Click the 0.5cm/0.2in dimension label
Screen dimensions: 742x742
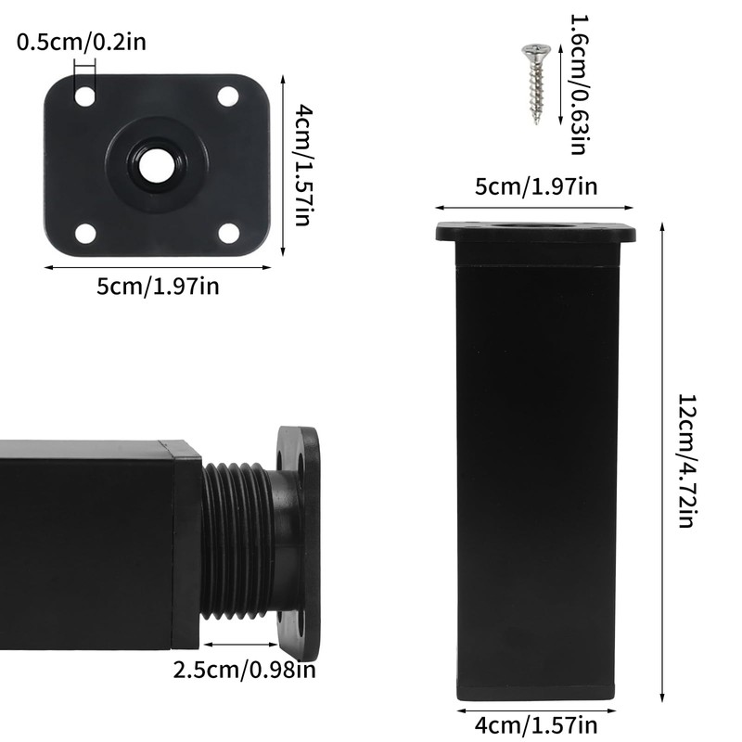click(82, 42)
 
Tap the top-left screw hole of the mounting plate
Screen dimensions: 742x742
click(85, 96)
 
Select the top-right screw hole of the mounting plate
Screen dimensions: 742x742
click(228, 96)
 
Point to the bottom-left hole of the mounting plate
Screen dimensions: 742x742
click(85, 234)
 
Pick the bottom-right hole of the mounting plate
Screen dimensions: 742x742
click(228, 233)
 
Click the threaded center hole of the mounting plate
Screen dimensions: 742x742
click(156, 164)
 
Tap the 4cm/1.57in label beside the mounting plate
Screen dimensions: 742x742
click(303, 166)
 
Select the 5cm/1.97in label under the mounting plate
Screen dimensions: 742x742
click(158, 287)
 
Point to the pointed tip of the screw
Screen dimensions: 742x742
click(537, 123)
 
